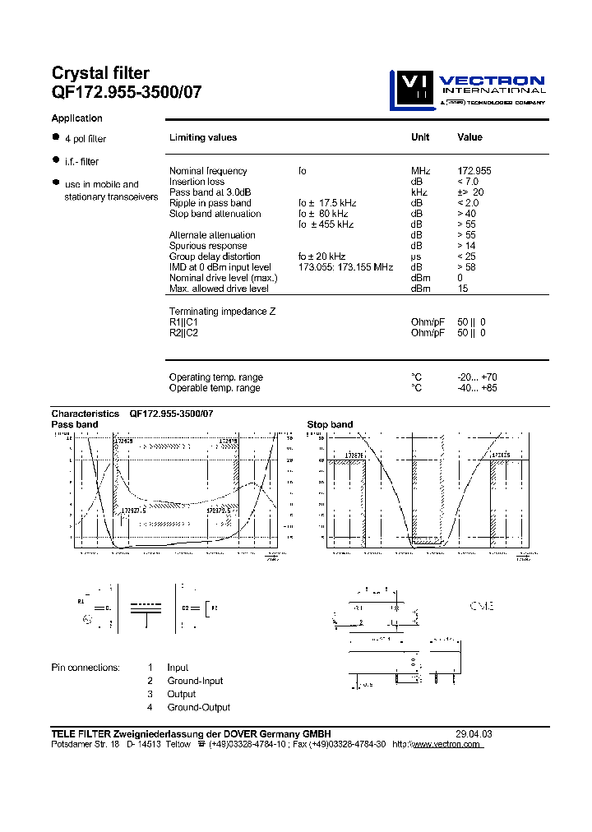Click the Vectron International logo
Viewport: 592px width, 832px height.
[467, 89]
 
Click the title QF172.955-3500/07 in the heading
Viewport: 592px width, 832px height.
[126, 92]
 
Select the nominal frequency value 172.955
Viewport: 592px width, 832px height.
[474, 171]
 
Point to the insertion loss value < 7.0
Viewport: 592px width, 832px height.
[467, 182]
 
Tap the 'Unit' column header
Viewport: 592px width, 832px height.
[420, 137]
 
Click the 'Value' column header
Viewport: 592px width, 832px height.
[469, 137]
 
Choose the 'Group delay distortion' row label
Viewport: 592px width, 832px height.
[215, 257]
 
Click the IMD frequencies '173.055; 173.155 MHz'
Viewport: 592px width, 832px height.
[346, 267]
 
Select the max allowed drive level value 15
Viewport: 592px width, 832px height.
[462, 289]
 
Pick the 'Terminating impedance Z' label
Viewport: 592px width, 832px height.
[222, 312]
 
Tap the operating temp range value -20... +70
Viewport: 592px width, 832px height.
[477, 377]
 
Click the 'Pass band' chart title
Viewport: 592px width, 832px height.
[75, 424]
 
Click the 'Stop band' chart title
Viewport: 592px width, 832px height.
[330, 424]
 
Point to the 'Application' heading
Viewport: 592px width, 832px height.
[77, 118]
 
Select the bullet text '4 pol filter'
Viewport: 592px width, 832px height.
[86, 139]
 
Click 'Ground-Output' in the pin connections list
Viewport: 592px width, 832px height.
[199, 707]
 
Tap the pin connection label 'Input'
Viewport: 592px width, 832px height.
[178, 668]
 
